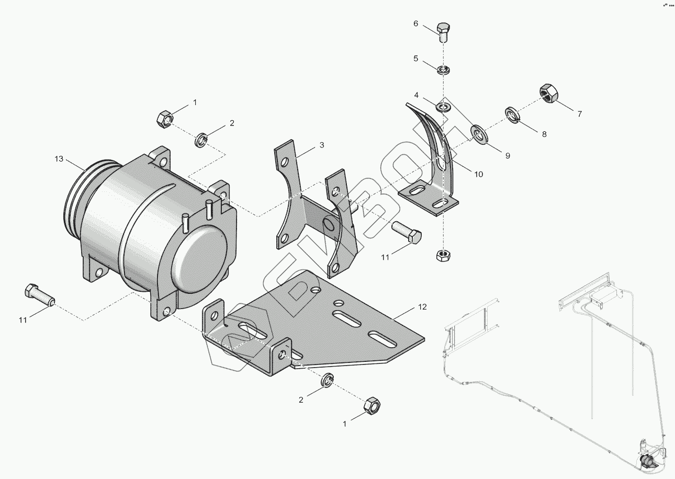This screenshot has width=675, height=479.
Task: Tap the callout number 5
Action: click(416, 59)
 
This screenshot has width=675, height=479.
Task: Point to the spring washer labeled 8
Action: click(512, 115)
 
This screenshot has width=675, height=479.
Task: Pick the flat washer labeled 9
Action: click(479, 133)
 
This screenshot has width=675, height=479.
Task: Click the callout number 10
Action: click(478, 174)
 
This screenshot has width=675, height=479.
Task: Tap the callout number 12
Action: click(423, 307)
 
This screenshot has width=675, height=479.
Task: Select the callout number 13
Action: click(59, 158)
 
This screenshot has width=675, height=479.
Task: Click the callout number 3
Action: click(322, 145)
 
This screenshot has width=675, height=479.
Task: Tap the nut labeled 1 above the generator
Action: click(163, 119)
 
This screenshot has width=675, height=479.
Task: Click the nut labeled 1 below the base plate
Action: click(372, 405)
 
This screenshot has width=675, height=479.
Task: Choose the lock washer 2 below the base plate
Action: click(328, 381)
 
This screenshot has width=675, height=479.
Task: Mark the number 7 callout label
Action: click(579, 113)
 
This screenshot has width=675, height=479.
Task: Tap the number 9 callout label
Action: click(507, 155)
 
